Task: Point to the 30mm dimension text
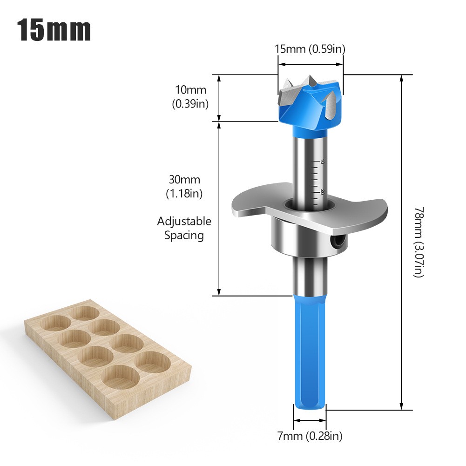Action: click(185, 180)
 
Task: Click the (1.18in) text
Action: click(185, 193)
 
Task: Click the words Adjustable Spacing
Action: click(184, 228)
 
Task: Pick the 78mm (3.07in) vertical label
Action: click(419, 242)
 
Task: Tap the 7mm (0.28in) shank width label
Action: click(310, 436)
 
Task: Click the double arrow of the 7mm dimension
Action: click(310, 420)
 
